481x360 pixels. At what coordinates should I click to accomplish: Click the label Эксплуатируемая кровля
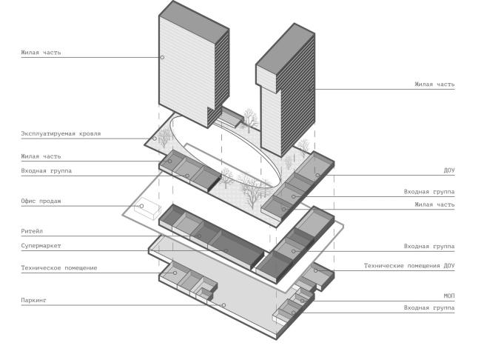click(61, 133)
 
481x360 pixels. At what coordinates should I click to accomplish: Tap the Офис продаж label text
click(41, 201)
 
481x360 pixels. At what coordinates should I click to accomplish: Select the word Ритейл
click(32, 231)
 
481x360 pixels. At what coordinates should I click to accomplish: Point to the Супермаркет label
click(41, 246)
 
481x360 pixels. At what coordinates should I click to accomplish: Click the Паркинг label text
click(34, 300)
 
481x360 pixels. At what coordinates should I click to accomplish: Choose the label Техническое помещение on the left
click(59, 268)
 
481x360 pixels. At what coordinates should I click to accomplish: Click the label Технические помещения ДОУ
click(409, 266)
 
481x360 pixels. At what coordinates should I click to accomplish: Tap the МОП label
click(449, 296)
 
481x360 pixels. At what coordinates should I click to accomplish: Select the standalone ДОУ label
click(449, 170)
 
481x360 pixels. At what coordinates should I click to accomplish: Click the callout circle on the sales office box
click(141, 206)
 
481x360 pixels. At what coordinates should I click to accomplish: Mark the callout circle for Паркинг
click(223, 305)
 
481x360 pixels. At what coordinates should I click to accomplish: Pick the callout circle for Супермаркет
click(226, 250)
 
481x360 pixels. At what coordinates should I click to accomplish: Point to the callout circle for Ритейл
click(199, 236)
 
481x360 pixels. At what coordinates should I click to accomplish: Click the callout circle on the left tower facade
click(162, 57)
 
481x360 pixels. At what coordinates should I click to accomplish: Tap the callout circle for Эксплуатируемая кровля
click(155, 139)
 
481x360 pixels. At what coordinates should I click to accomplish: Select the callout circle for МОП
click(302, 301)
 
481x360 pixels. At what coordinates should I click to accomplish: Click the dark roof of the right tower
click(286, 48)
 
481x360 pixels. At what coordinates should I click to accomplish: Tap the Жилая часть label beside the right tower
click(434, 84)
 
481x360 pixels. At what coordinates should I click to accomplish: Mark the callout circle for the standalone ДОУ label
click(317, 175)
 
